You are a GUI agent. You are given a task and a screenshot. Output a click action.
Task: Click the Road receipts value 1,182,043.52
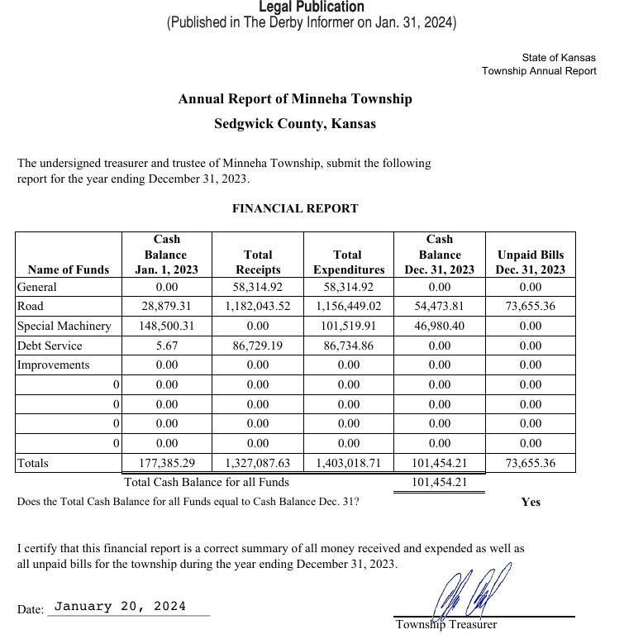pos(258,307)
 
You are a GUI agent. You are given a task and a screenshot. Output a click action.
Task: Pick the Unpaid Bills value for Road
pos(531,307)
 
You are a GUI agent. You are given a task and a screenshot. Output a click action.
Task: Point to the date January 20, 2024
pos(120,607)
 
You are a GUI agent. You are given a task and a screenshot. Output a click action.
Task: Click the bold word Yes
pos(531,502)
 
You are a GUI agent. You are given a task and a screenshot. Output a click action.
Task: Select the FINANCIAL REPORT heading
pos(295,208)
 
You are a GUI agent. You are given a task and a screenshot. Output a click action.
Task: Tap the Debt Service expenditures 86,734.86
pos(349,346)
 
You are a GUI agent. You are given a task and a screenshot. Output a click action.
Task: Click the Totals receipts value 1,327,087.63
pos(258,464)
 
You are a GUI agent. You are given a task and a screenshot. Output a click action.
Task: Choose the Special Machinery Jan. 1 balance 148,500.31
pos(167,326)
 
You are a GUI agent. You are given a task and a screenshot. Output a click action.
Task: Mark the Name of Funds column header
pos(69,269)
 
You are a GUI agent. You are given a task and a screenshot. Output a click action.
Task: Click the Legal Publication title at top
pos(312,7)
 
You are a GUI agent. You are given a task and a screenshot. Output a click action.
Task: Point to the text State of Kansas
pos(558,58)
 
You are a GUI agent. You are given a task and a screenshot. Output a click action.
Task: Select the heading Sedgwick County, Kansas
pos(295,124)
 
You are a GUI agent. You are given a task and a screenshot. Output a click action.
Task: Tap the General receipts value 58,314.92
pos(258,287)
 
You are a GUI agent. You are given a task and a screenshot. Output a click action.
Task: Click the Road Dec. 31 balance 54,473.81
pos(440,307)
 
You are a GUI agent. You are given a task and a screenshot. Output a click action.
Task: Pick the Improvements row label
pos(54,365)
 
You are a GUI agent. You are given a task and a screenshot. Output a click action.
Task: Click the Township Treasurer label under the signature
pos(446,625)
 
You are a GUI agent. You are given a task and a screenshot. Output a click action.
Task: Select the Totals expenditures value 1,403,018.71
pos(349,464)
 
